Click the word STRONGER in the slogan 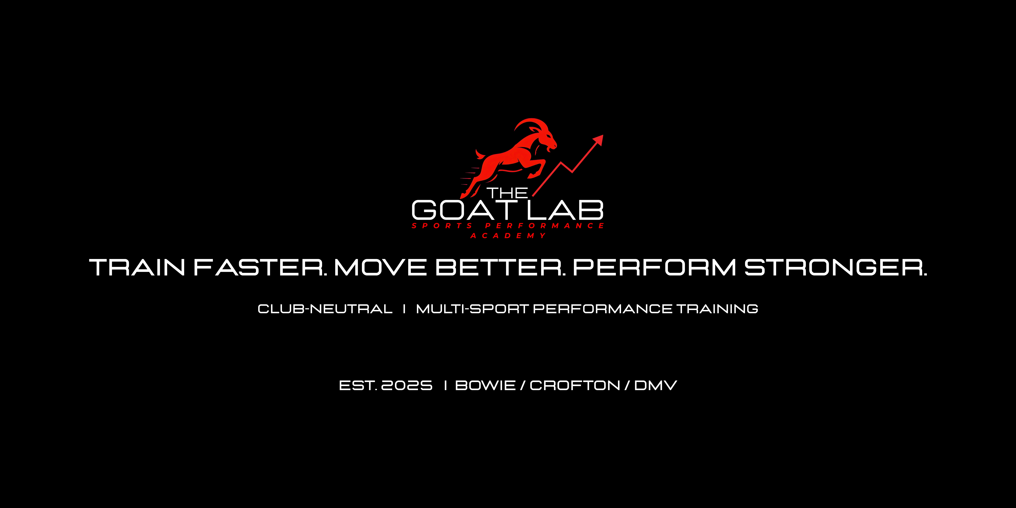click(x=835, y=267)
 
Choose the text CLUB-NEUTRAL click(x=325, y=309)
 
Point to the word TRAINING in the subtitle click(x=717, y=309)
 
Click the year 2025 click(x=407, y=385)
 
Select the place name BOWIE click(x=485, y=385)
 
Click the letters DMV click(x=656, y=385)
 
